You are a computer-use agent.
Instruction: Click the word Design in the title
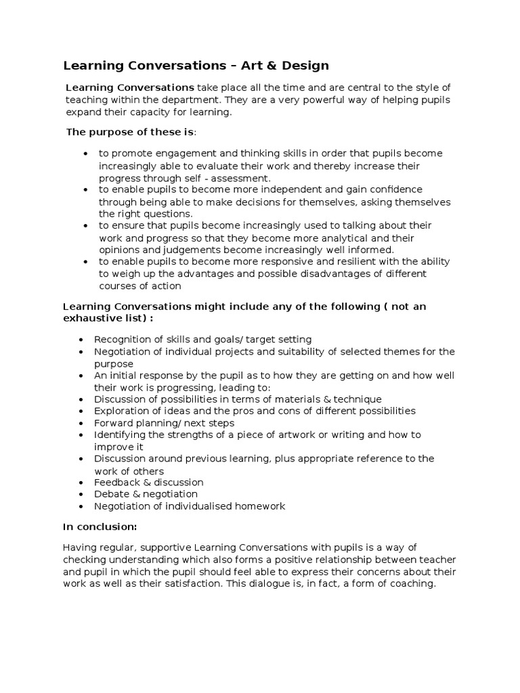(298, 66)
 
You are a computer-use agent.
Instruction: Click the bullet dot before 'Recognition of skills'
(81, 340)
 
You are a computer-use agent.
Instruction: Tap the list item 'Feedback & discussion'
(148, 483)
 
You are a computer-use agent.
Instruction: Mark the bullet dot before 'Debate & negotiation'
(81, 495)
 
